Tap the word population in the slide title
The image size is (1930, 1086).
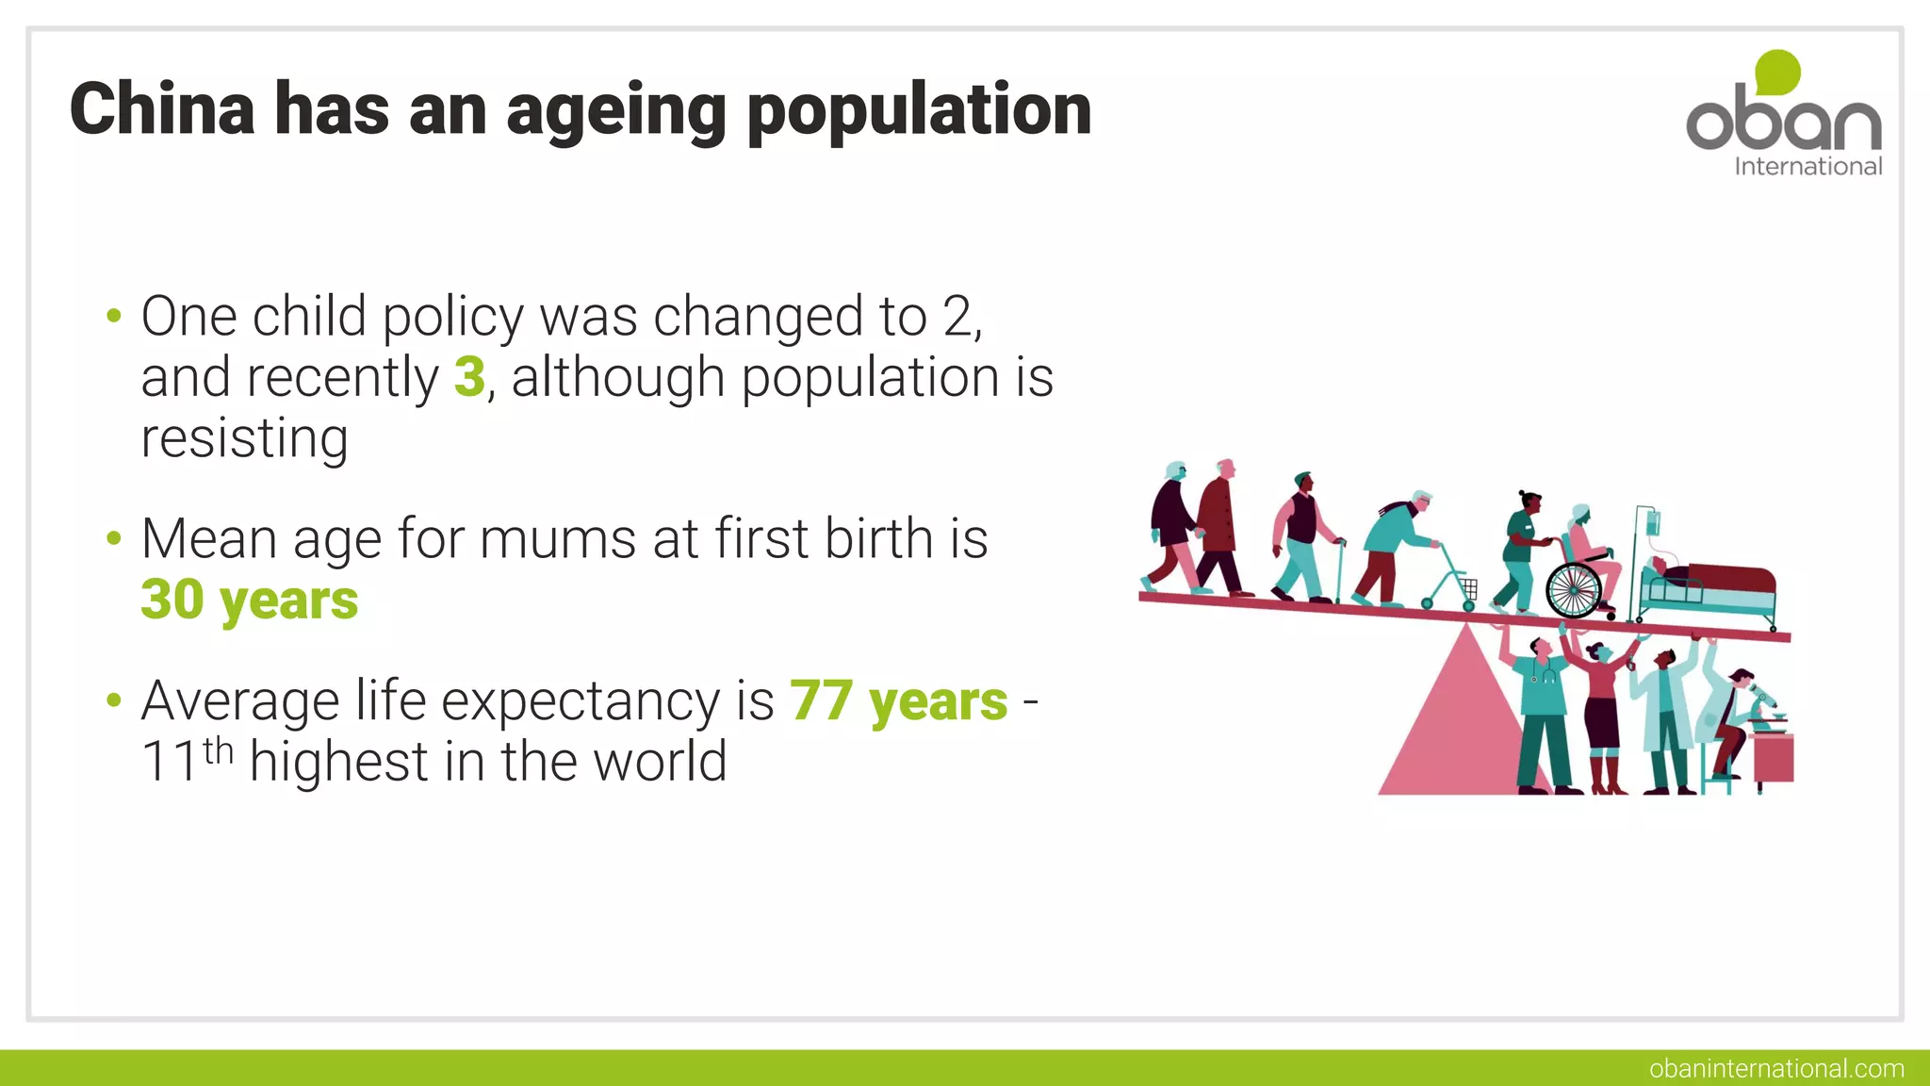[x=919, y=111]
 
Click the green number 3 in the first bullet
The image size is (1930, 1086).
[x=469, y=377]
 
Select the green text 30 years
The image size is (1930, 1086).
[x=250, y=600]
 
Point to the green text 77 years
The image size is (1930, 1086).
[x=899, y=701]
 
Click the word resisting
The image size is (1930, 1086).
[x=245, y=438]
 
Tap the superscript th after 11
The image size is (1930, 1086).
[x=218, y=751]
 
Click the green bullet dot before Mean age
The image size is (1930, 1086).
[x=114, y=539]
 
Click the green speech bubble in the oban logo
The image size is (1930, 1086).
[x=1777, y=73]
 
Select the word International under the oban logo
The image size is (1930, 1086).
[x=1807, y=167]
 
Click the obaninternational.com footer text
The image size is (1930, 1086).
[x=1776, y=1068]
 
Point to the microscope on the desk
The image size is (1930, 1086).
[x=1764, y=706]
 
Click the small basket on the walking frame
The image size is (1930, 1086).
[x=1469, y=588]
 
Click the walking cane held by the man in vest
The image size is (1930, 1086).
[x=1338, y=570]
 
